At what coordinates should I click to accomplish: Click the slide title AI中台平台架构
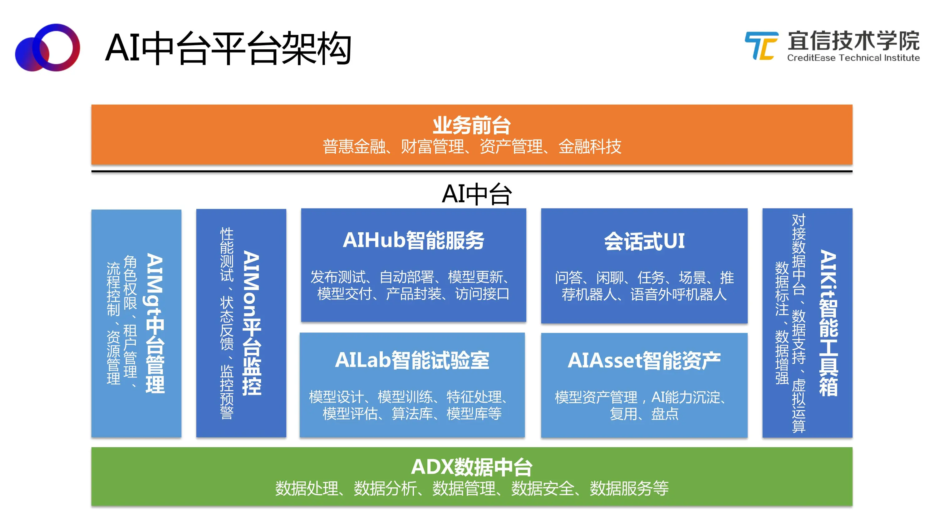[x=228, y=48]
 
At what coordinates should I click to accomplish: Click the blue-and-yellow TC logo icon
[x=761, y=46]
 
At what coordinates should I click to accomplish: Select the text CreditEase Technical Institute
[x=853, y=58]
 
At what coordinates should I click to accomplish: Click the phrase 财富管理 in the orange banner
[x=432, y=147]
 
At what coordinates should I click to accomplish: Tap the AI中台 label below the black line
[x=476, y=194]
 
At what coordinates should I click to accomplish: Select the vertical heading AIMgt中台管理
[x=155, y=323]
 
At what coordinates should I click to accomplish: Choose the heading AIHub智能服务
[x=413, y=240]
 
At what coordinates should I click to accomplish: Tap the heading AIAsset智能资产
[x=644, y=361]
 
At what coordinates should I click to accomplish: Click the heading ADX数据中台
[x=472, y=467]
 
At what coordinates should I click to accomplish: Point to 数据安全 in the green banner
[x=542, y=489]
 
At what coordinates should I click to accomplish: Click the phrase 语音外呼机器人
[x=678, y=294]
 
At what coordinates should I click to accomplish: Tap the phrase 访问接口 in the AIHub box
[x=482, y=294]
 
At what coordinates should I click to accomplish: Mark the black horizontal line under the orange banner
[x=472, y=171]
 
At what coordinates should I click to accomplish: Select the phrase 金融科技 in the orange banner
[x=590, y=147]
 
